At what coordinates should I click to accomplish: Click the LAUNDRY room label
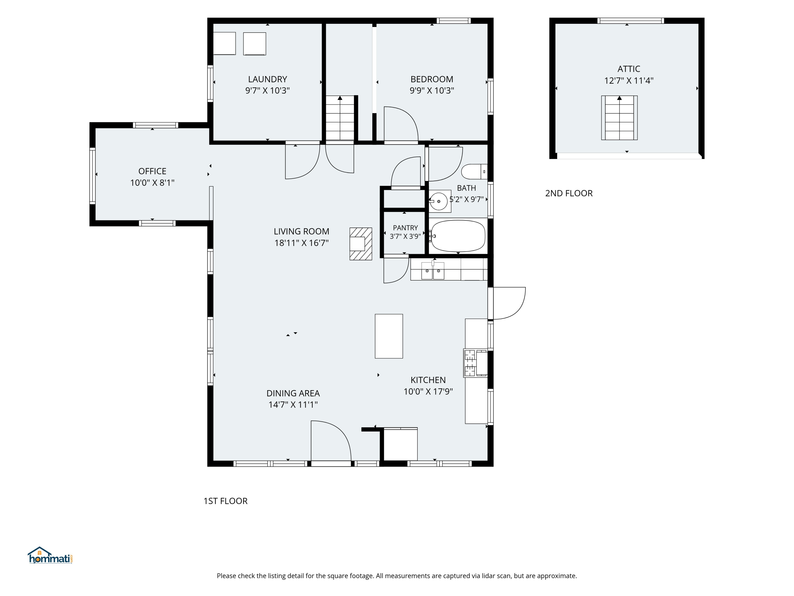[x=267, y=79]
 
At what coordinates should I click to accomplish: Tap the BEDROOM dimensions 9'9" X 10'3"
[x=432, y=91]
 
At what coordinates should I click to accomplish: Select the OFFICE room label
[x=152, y=171]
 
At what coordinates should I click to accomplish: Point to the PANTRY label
[x=405, y=228]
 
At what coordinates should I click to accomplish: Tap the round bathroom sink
[x=439, y=201]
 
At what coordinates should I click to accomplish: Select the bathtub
[x=458, y=236]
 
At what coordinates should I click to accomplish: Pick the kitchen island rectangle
[x=389, y=336]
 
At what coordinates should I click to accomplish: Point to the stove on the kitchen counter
[x=475, y=363]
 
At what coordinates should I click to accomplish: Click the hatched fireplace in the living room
[x=361, y=244]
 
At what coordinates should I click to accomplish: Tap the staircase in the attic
[x=619, y=118]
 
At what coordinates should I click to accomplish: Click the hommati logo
[x=50, y=555]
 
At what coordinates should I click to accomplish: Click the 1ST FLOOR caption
[x=225, y=501]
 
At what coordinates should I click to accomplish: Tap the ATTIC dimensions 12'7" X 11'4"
[x=629, y=81]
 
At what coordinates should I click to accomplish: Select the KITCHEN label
[x=428, y=380]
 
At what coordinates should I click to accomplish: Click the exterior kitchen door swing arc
[x=518, y=309]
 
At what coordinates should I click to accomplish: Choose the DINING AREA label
[x=293, y=393]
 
